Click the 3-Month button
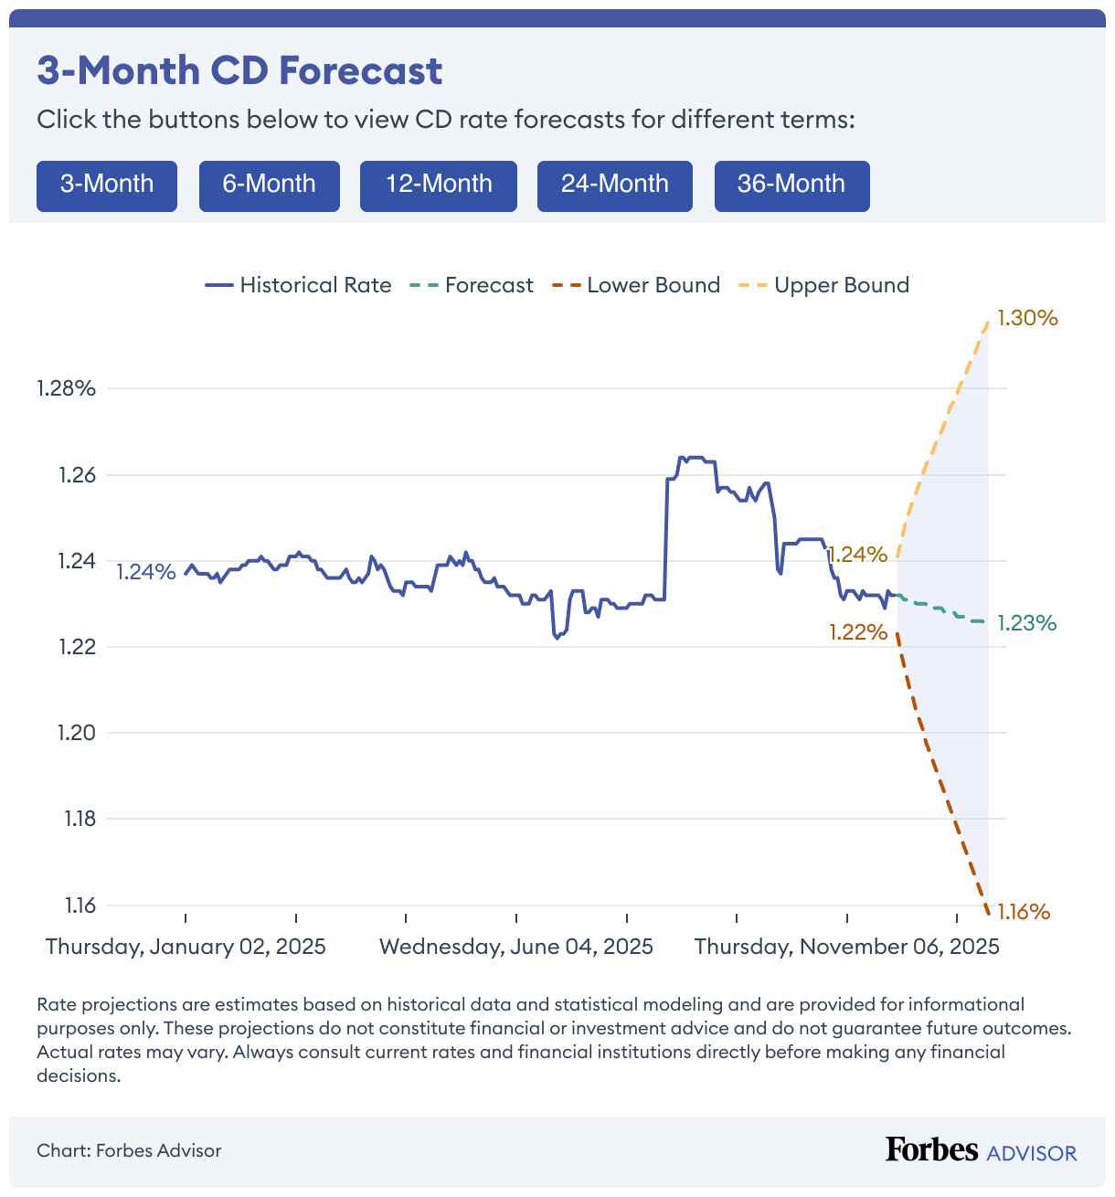click(107, 185)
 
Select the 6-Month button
click(270, 185)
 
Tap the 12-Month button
click(439, 185)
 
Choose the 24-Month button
click(615, 185)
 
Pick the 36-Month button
click(791, 185)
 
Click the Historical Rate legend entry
click(299, 285)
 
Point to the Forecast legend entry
click(473, 285)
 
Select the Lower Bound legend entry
click(637, 285)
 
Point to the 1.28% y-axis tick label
click(66, 388)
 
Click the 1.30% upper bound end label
click(1027, 318)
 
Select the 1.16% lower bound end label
click(1024, 912)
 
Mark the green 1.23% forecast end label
click(1026, 623)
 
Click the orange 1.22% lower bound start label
click(858, 632)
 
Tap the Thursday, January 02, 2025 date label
click(186, 947)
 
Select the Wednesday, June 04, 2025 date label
click(516, 947)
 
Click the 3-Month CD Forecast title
click(239, 71)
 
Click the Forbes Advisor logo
click(981, 1150)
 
